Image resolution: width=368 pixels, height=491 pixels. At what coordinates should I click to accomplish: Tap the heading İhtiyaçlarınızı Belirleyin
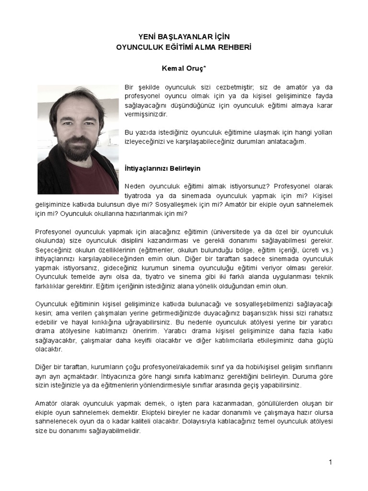point(162,169)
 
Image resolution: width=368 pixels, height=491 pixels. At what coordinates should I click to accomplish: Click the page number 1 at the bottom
point(330,462)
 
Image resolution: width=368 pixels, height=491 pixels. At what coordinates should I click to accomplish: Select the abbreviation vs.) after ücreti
point(327,249)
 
